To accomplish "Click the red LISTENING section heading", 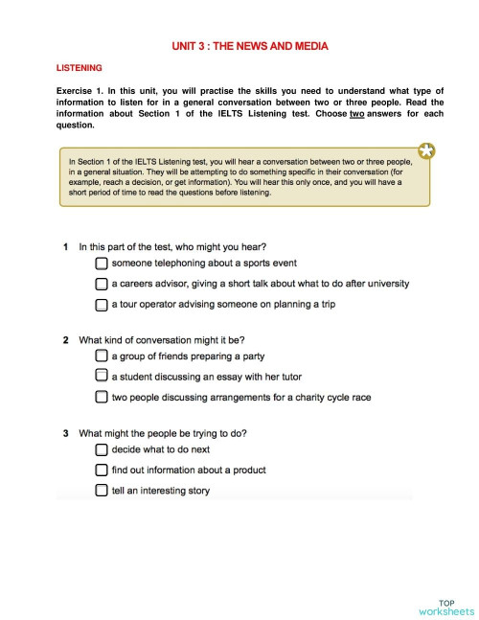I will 80,68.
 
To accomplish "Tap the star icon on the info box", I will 426,150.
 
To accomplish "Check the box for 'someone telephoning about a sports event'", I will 102,263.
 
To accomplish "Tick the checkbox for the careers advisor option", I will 102,284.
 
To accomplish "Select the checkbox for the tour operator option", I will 102,305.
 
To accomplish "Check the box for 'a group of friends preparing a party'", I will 102,356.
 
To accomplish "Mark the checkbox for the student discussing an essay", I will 102,377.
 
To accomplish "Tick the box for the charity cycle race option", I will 102,397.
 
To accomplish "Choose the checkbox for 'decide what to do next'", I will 102,449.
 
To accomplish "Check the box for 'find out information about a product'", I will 102,471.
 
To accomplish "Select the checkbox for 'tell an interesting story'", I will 102,492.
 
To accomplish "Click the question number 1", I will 65,246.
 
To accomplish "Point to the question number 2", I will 65,339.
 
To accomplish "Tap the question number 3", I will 65,433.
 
